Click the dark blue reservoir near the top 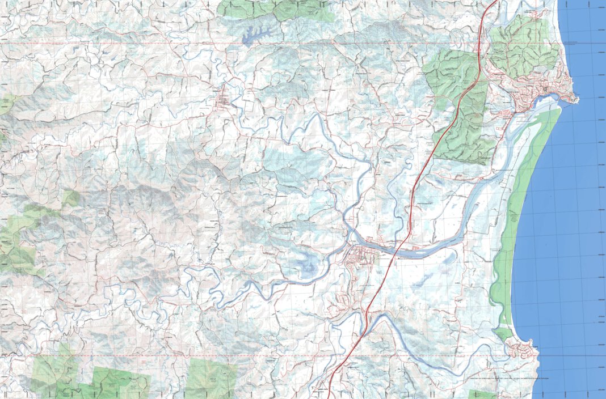point(255,35)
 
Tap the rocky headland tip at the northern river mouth point(575,100)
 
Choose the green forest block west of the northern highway point(454,74)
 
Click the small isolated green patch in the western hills point(71,198)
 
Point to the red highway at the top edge point(493,3)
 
